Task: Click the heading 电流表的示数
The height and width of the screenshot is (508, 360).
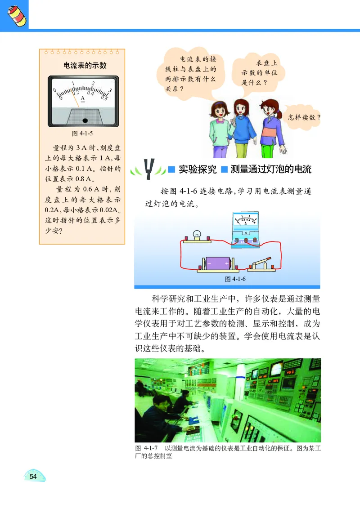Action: point(85,66)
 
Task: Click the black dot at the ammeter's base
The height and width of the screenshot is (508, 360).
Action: point(85,120)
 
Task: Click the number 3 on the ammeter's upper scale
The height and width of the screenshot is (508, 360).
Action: point(110,90)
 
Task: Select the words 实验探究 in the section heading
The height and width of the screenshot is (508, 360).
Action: point(198,169)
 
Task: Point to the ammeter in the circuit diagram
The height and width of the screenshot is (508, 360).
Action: point(247,229)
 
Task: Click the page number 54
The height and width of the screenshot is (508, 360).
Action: point(33,477)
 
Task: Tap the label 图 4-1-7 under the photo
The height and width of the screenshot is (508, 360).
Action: point(145,449)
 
